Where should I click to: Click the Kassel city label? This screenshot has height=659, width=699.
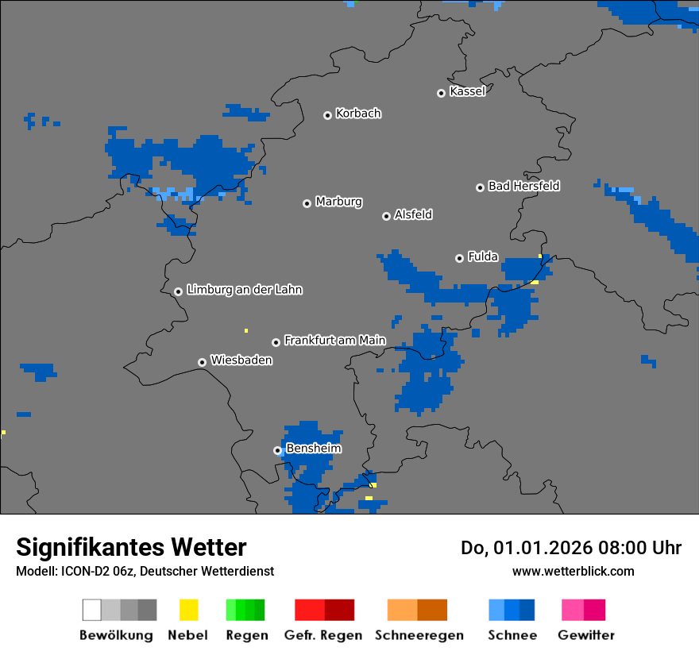[x=467, y=91]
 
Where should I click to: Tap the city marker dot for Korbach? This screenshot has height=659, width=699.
[x=327, y=115]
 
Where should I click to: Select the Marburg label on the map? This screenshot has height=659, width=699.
[x=338, y=202]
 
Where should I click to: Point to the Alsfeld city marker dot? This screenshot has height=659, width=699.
[x=386, y=216]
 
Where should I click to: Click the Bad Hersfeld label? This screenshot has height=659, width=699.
[x=523, y=186]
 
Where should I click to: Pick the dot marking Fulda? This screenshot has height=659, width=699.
[x=459, y=258]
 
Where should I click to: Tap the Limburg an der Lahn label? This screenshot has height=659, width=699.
[x=244, y=290]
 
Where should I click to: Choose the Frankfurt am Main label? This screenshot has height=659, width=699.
[x=334, y=341]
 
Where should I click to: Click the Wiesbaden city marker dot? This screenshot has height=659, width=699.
[x=202, y=362]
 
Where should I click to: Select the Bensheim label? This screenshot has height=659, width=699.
[x=314, y=449]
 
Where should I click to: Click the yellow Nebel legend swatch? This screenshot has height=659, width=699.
[x=188, y=610]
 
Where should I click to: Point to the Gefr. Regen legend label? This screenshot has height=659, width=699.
[x=323, y=635]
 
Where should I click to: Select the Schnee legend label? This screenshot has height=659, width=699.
[x=512, y=635]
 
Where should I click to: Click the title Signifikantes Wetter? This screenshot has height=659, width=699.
[x=131, y=548]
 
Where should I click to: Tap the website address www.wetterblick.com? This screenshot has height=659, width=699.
[x=573, y=571]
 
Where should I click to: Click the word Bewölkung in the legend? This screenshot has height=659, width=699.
[x=116, y=635]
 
